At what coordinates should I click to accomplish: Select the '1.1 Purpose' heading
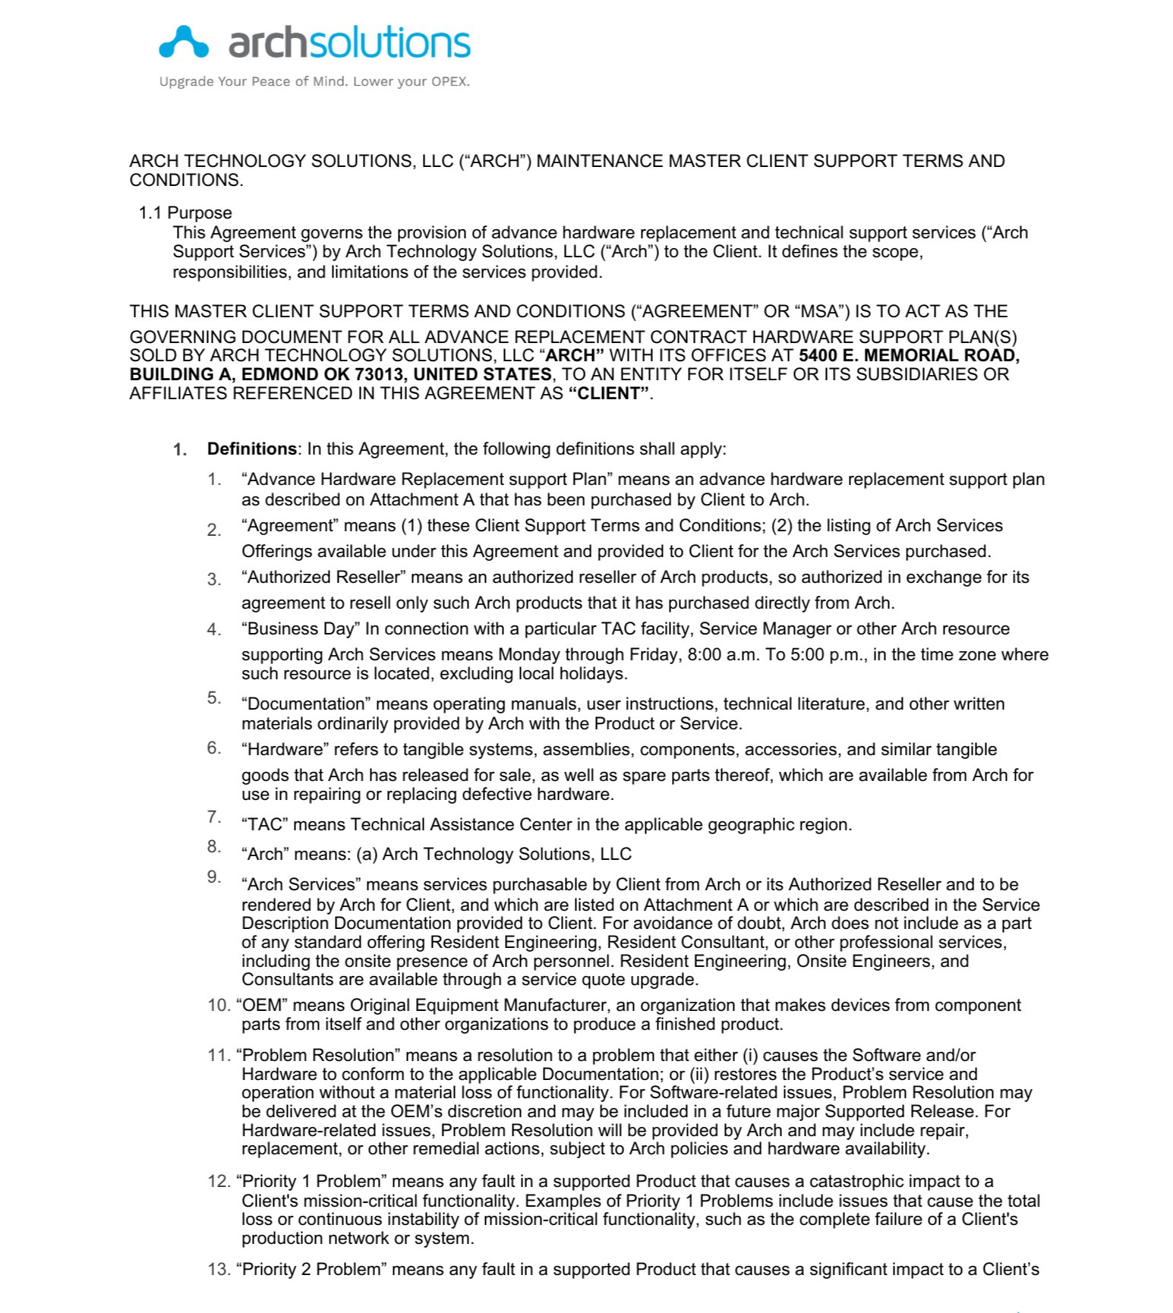185,213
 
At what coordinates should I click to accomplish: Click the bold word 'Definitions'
251,449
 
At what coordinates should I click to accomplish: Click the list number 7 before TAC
213,817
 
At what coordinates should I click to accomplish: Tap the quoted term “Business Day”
301,628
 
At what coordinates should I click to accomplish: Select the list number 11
218,1055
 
